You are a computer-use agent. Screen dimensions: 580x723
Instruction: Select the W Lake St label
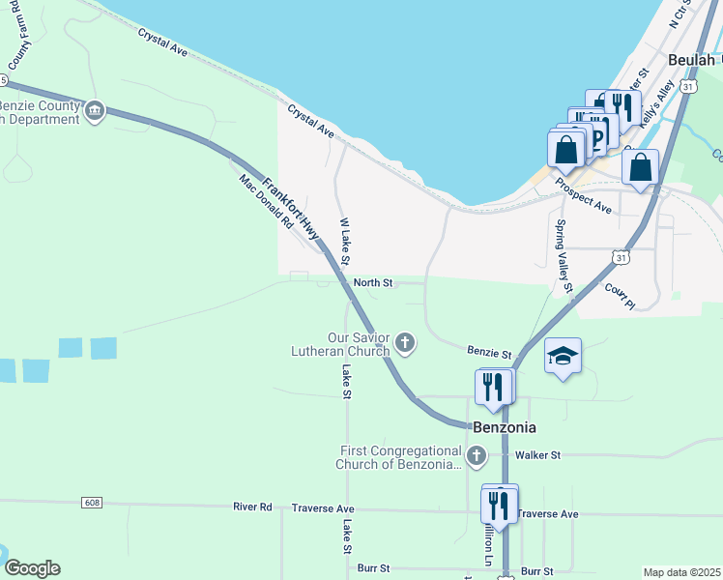click(x=344, y=243)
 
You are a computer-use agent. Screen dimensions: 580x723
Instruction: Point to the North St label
click(x=373, y=283)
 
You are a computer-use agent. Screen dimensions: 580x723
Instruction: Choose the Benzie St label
click(x=487, y=356)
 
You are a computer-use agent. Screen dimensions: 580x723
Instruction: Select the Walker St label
click(x=540, y=454)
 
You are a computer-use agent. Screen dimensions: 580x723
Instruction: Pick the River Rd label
click(x=252, y=507)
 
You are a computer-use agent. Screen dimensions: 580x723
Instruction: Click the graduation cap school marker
click(x=563, y=357)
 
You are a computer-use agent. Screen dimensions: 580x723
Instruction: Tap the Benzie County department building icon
click(x=95, y=111)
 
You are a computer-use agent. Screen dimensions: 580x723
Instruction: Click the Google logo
click(x=31, y=568)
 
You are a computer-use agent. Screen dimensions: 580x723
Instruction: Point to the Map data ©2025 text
click(x=680, y=572)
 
